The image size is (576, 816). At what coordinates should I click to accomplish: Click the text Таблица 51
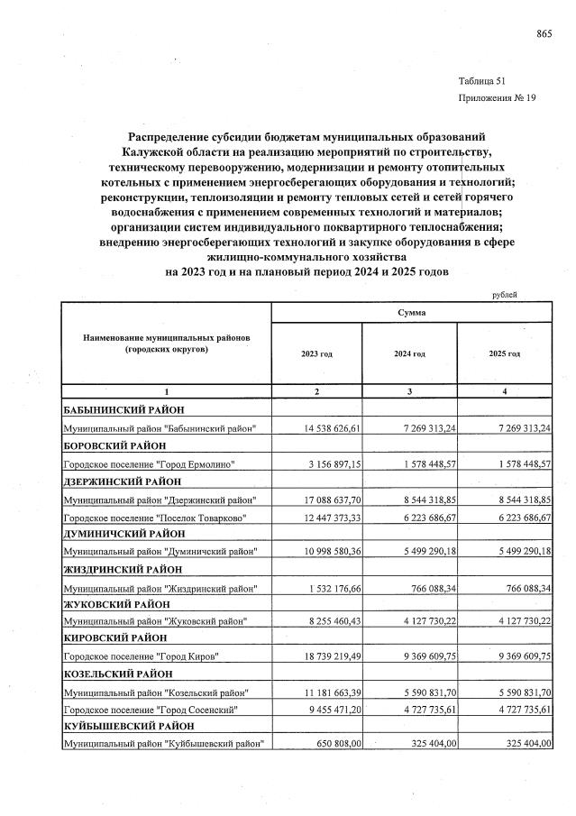pos(482,80)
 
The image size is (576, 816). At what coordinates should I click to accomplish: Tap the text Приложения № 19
pos(497,99)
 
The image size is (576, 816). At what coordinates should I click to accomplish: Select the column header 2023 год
pos(316,354)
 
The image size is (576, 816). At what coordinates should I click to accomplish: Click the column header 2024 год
pos(409,354)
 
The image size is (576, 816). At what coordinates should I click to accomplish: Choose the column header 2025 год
pos(504,354)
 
